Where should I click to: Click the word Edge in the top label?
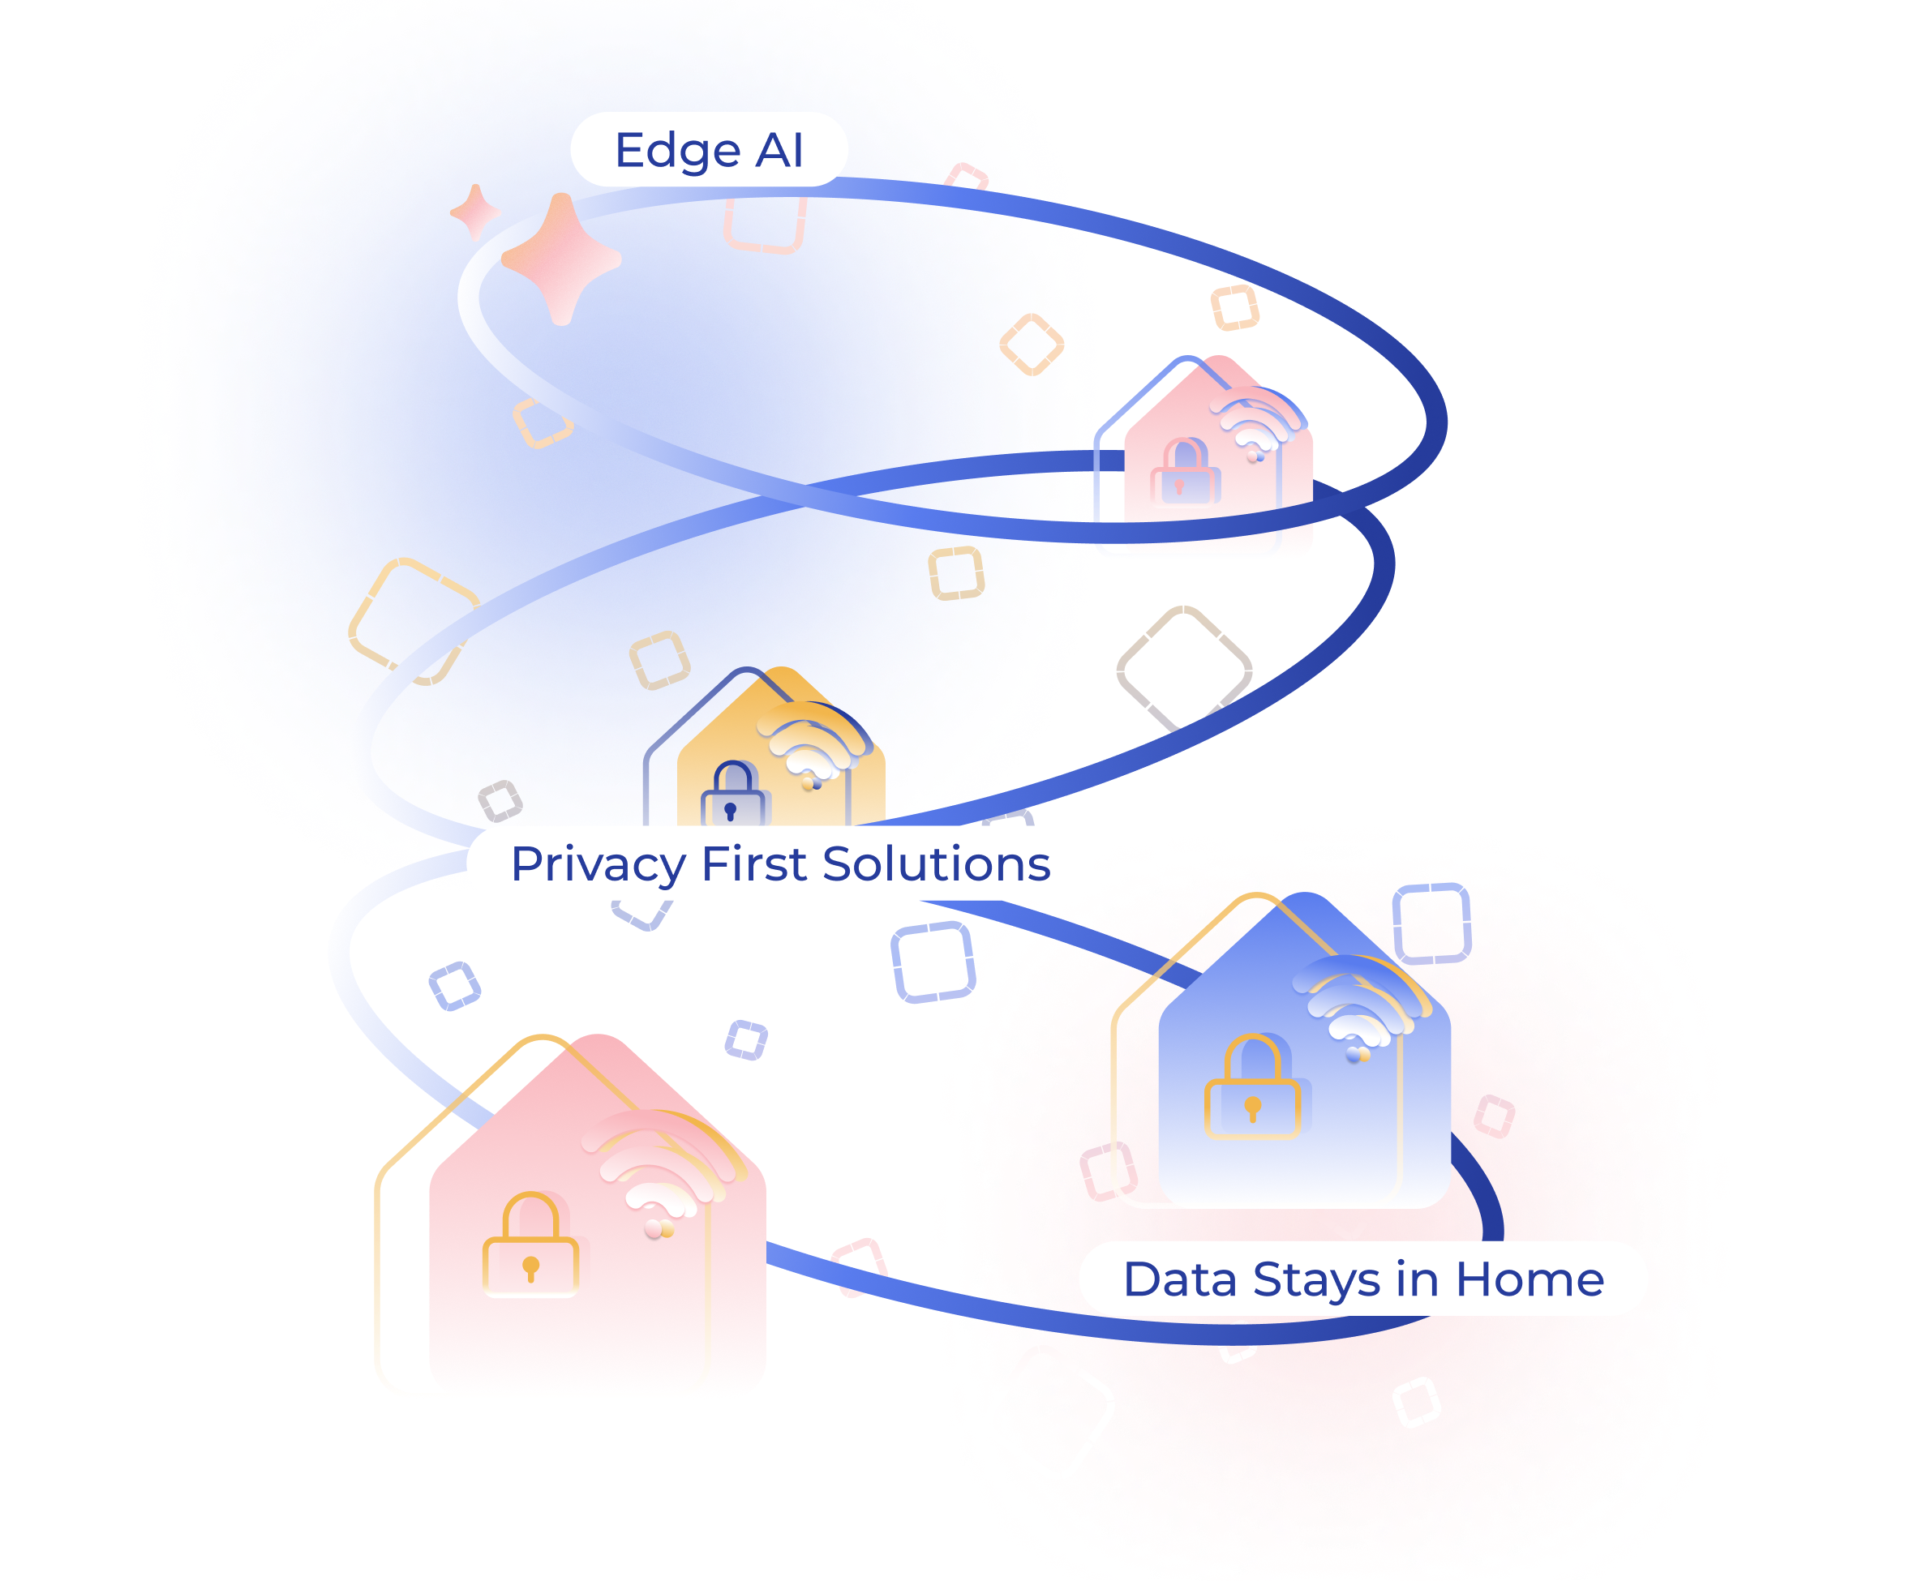click(676, 151)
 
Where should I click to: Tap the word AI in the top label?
click(779, 151)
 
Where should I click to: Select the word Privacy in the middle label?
click(598, 864)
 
